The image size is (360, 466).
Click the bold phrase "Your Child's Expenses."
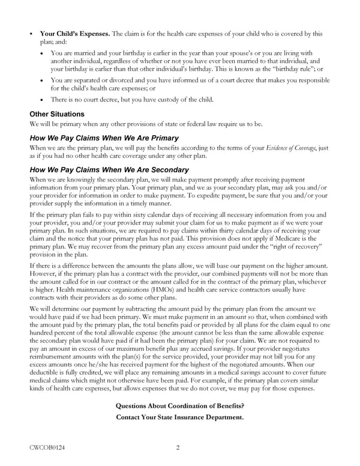point(74,34)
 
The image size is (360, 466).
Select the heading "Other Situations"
point(57,114)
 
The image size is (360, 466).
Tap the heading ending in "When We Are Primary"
point(104,138)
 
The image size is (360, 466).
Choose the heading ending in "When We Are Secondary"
point(109,170)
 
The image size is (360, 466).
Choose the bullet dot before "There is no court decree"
point(41,100)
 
